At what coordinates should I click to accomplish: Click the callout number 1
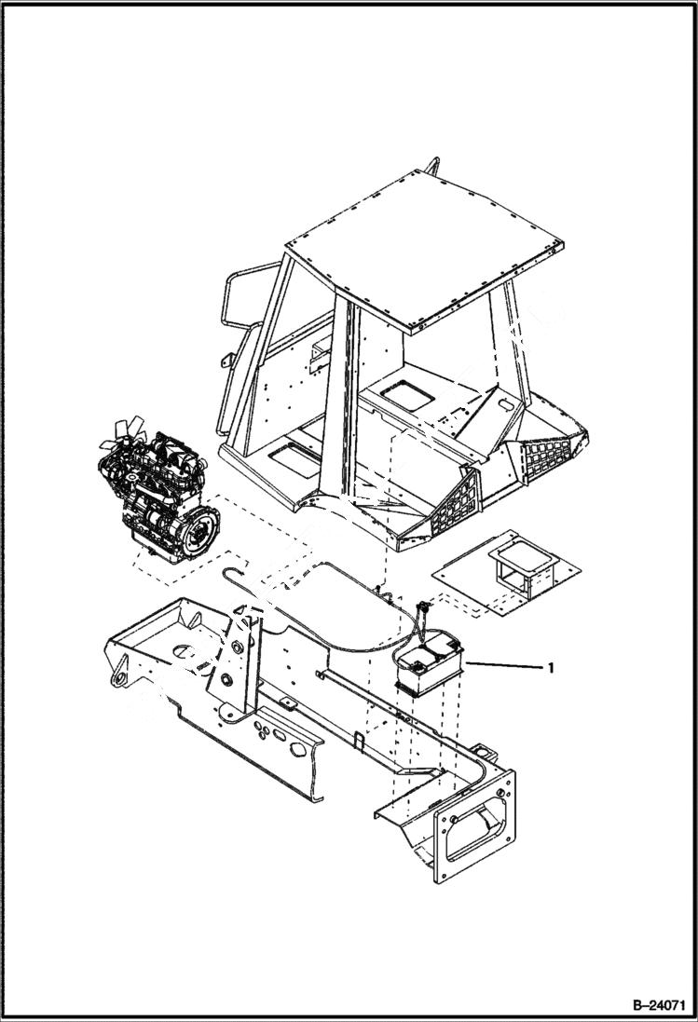click(x=552, y=668)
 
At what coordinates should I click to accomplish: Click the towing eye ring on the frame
click(x=117, y=675)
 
